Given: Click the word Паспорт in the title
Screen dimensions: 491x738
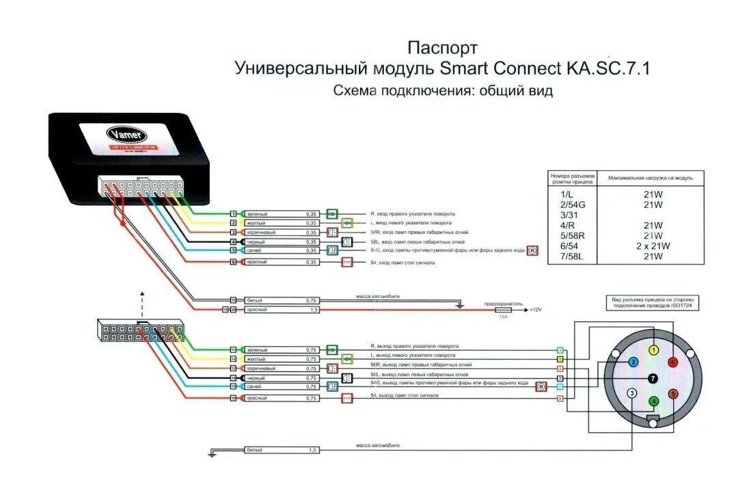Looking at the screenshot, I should pyautogui.click(x=442, y=48).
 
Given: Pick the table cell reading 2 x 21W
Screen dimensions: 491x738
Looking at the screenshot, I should pyautogui.click(x=653, y=245).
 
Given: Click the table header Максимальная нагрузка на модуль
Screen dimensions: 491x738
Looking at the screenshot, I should pyautogui.click(x=651, y=178).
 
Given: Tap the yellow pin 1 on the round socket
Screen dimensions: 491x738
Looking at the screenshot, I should pyautogui.click(x=653, y=350).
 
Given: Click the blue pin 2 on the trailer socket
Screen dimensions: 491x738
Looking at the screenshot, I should pyautogui.click(x=633, y=362).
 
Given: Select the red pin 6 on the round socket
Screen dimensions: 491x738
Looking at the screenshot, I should pyautogui.click(x=673, y=362).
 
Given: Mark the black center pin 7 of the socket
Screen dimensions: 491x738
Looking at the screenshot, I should pyautogui.click(x=653, y=377).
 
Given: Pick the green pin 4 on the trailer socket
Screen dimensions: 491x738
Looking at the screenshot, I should pyautogui.click(x=653, y=401).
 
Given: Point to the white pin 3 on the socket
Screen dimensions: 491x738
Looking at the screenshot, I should pyautogui.click(x=633, y=393).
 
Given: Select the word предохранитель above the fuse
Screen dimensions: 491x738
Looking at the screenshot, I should pyautogui.click(x=503, y=303).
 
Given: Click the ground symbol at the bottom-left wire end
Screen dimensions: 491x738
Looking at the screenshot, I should pyautogui.click(x=213, y=452).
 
